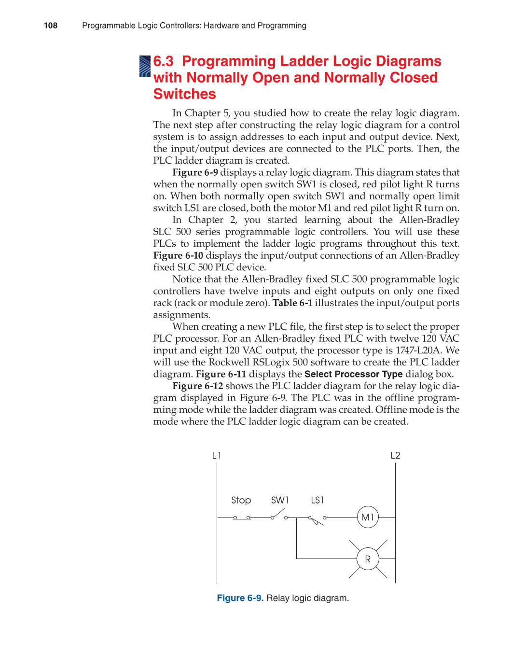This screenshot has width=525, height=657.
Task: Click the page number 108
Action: tap(51, 26)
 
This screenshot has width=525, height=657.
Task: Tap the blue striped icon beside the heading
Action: tap(145, 67)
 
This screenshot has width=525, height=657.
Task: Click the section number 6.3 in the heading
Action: tap(163, 61)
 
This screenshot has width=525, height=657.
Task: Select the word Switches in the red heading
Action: tap(184, 94)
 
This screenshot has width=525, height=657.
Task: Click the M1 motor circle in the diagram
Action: tap(368, 517)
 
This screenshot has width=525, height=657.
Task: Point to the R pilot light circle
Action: tap(368, 559)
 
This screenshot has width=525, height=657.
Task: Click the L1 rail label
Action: tap(217, 455)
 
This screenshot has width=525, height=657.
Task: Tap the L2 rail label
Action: tap(395, 455)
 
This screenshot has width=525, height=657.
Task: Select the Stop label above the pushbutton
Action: tap(241, 500)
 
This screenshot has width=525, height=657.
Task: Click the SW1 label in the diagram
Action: tap(280, 500)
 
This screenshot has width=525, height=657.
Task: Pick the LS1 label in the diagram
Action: tap(318, 500)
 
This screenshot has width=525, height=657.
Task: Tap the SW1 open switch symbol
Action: tap(279, 515)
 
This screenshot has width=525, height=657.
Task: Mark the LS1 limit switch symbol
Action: tap(317, 519)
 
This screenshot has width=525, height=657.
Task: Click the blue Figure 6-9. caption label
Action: tap(240, 598)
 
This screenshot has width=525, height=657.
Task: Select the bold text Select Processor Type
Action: tap(353, 374)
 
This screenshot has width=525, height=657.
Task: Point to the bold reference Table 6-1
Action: tap(292, 303)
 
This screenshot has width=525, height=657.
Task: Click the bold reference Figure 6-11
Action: tap(221, 374)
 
